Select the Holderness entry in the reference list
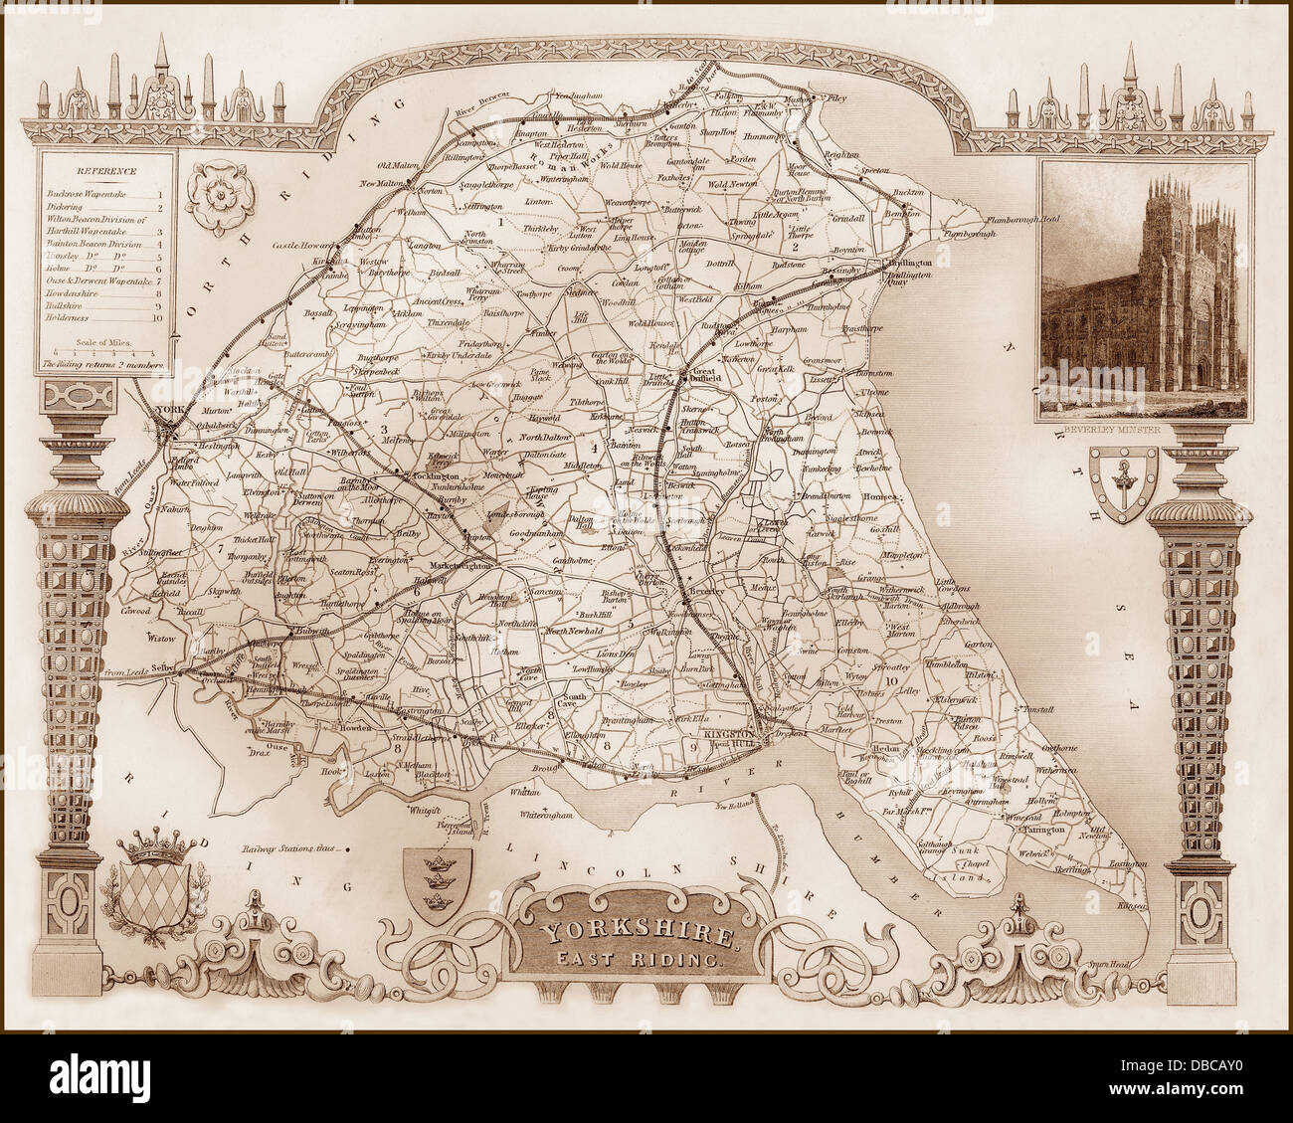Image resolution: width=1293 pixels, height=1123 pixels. pos(80,318)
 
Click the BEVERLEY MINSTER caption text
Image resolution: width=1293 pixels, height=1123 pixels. pos(1116,430)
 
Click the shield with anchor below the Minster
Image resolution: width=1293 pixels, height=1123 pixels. pos(1124,478)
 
